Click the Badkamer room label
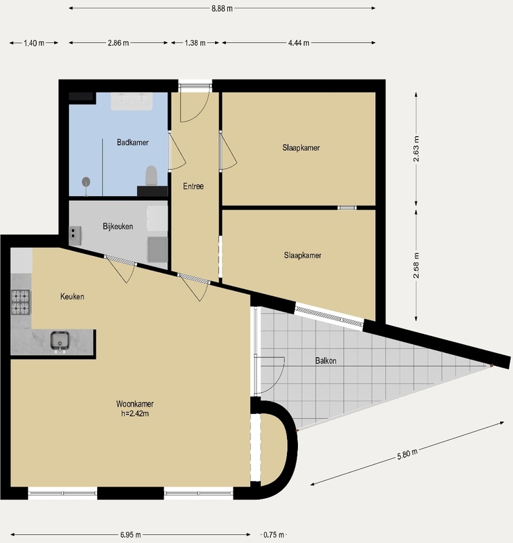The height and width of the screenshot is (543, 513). (132, 143)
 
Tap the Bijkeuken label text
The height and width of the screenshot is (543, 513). (117, 227)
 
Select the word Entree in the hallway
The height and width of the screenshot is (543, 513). (193, 186)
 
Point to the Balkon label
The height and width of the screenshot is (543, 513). (326, 361)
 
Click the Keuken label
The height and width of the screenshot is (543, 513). (72, 297)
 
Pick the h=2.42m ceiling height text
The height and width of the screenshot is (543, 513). (135, 413)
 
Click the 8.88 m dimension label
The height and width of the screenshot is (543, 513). (222, 8)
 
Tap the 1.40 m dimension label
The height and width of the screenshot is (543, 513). (34, 43)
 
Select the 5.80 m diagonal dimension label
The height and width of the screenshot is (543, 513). (407, 454)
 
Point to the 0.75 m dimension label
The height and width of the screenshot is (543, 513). (273, 535)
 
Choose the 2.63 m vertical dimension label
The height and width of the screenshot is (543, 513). (416, 149)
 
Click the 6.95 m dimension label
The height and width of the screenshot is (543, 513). (130, 535)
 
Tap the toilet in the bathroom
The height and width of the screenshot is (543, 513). (151, 176)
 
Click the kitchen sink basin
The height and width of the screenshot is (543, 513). (60, 341)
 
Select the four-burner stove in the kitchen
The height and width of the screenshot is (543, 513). (21, 302)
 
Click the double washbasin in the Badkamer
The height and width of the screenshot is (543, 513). (132, 101)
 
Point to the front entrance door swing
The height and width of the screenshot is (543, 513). (195, 104)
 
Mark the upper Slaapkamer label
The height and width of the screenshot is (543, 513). (301, 148)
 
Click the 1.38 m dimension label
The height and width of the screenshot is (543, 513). (195, 43)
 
